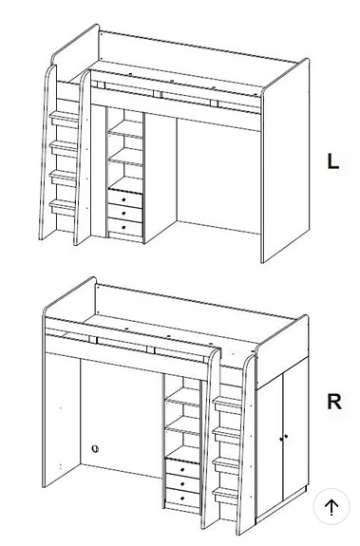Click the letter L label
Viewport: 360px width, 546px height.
332,160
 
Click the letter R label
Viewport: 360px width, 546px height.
333,402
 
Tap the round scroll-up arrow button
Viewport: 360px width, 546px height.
331,507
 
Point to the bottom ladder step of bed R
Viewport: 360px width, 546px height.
227,496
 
